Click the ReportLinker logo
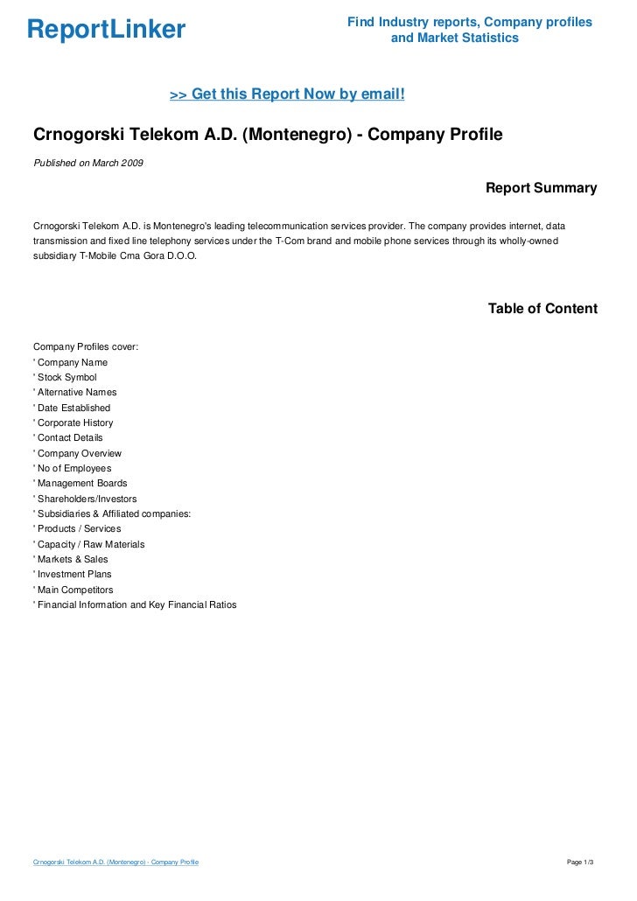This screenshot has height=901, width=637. pos(106,31)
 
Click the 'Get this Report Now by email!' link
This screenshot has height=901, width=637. pos(287,94)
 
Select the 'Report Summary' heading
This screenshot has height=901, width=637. pos(541,188)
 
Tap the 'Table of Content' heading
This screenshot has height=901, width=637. pos(542,309)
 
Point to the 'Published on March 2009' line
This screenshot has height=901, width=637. pos(88,163)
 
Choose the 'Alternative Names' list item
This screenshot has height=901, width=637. pos(76,393)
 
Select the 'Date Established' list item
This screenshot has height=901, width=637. pos(73,408)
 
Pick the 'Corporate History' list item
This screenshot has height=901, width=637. pos(74,423)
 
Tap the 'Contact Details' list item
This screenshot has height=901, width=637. pos(69,437)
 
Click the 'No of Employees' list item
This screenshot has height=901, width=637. pos(73,468)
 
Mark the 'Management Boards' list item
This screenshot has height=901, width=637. pos(81,483)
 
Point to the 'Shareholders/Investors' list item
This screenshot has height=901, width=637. pos(87,499)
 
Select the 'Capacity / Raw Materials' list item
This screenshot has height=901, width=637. pos(90,544)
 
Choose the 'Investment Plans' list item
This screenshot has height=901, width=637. pos(73,575)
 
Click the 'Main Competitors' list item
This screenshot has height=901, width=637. pos(74,590)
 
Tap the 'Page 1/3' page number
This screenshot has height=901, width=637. pos(581,863)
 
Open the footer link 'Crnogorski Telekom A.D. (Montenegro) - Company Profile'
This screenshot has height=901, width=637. pos(115,863)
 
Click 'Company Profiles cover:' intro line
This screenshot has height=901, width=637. pos(86,347)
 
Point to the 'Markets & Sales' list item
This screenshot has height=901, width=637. pos(72,559)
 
